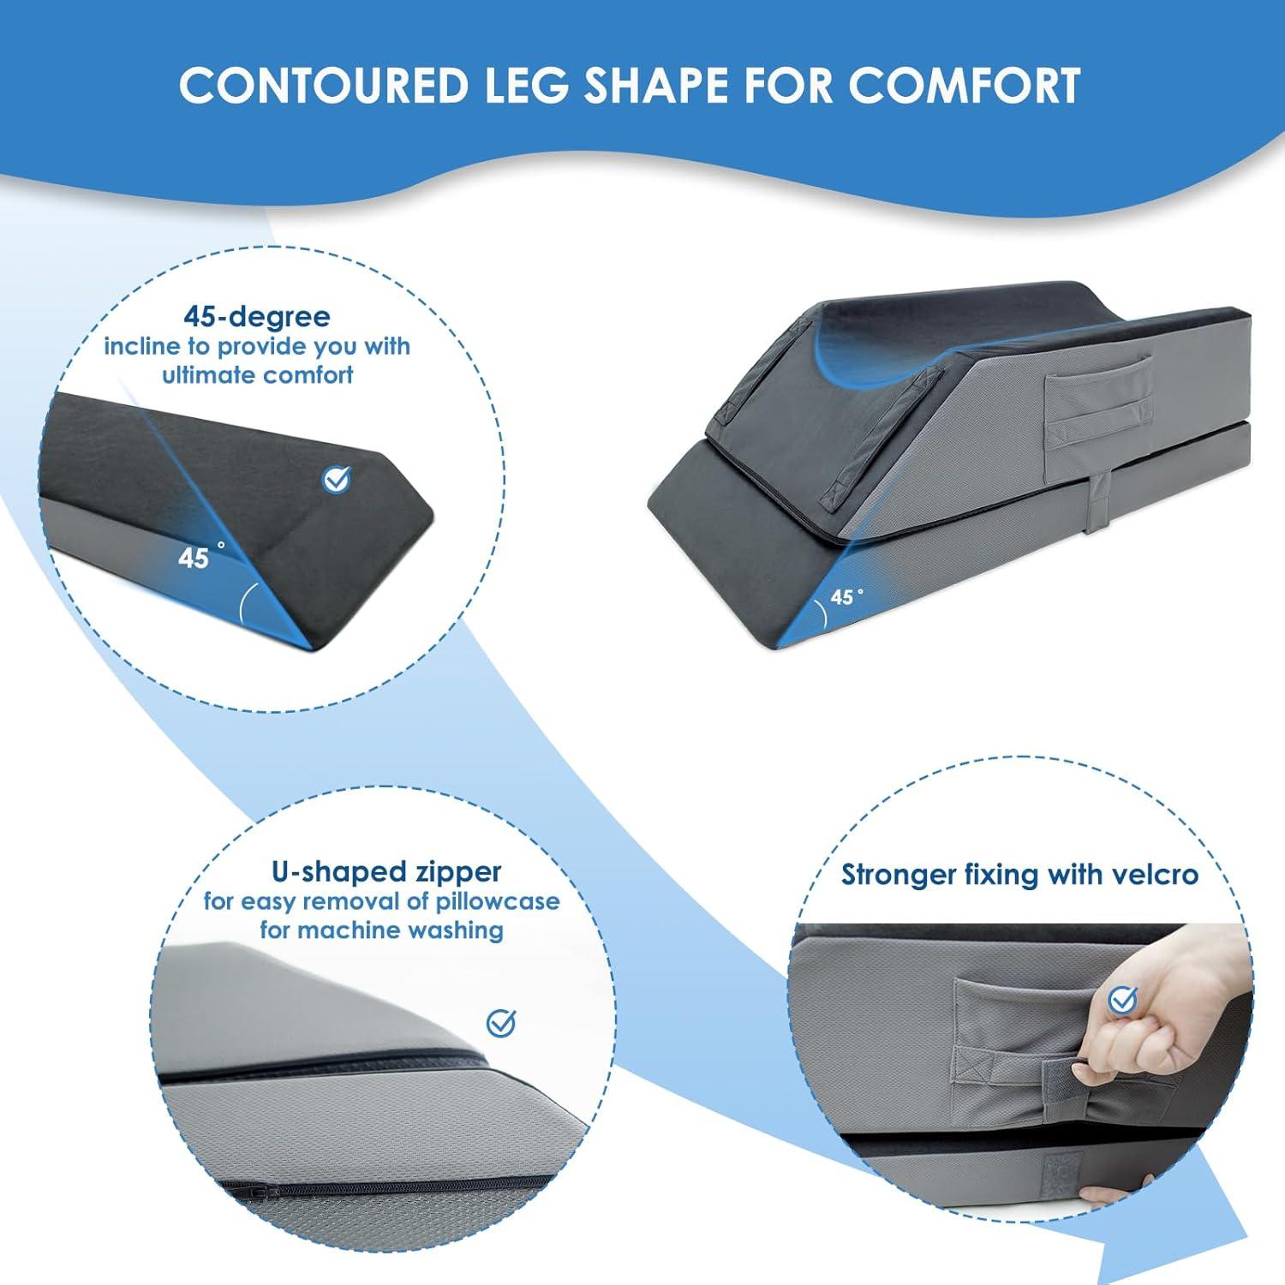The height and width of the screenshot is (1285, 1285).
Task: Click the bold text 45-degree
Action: pos(257,317)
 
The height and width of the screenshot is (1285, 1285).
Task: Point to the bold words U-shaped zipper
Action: pos(386,872)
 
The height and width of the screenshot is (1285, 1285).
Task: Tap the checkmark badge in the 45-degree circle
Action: pos(337,480)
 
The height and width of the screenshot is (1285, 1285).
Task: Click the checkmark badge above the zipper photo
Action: pos(501,1022)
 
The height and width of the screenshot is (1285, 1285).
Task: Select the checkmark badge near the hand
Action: pos(1122,998)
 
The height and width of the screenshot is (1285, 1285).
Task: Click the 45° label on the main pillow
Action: pos(846,595)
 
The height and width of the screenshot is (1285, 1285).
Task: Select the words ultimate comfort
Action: pos(258,374)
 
